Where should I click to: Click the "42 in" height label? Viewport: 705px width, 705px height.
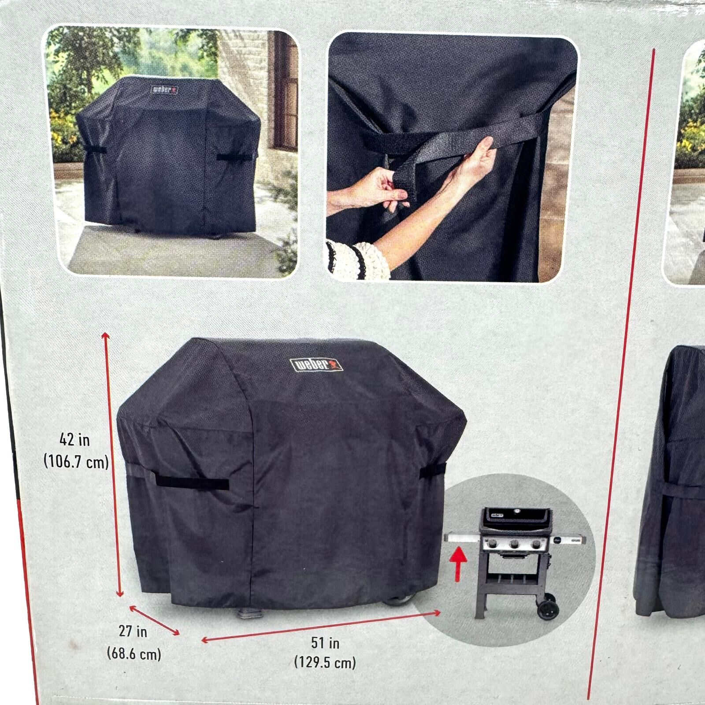74,440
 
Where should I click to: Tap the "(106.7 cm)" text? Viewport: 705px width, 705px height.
76,462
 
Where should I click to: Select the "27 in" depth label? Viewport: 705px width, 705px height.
133,631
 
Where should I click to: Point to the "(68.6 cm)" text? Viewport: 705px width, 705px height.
134,653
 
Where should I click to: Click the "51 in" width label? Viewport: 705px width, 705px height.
325,643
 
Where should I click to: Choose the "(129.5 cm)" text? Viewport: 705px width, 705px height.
325,662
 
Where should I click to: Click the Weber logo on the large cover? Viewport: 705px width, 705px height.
316,365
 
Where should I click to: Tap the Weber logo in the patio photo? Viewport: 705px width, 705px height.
165,90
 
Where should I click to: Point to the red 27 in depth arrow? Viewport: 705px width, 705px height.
155,621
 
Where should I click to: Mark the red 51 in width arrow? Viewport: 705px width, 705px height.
321,626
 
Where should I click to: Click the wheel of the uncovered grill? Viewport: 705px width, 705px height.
548,609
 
